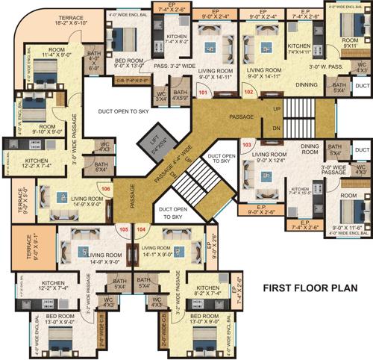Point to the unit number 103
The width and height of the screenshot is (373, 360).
[x=247, y=142]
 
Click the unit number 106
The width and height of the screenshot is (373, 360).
[x=106, y=190]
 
